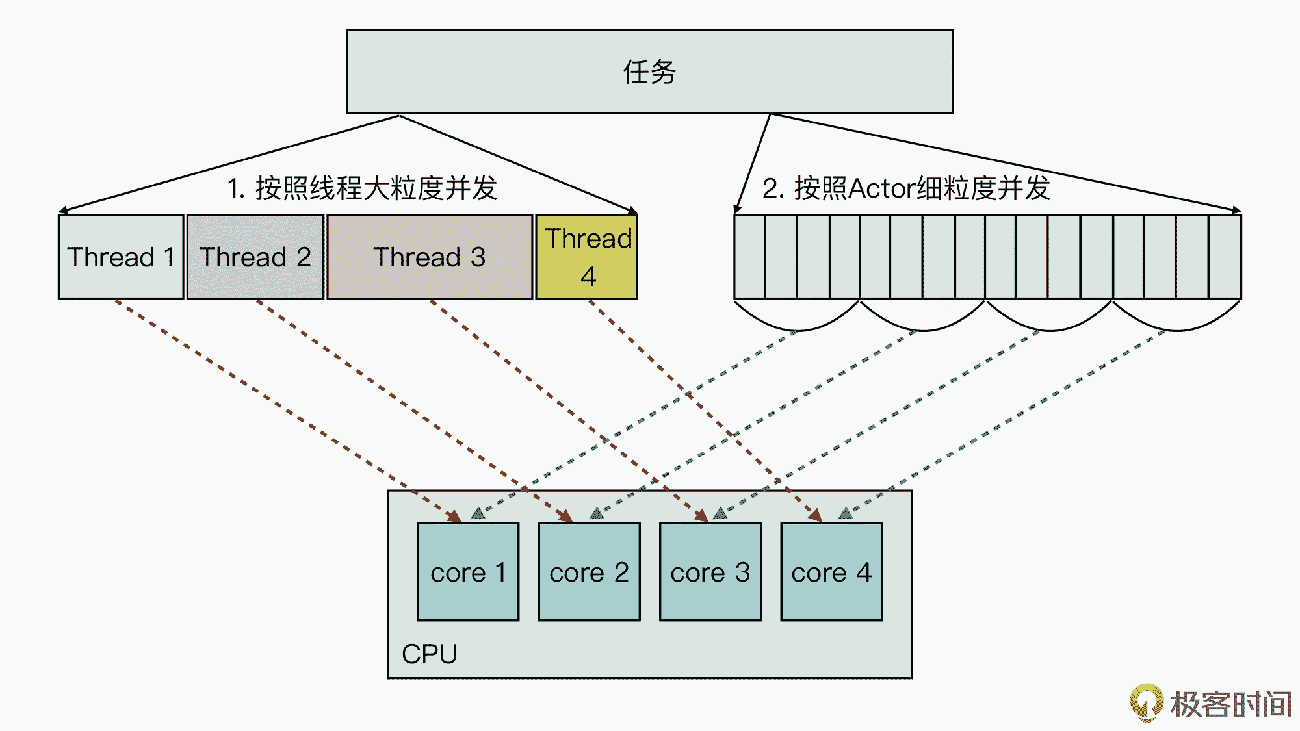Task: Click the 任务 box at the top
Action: pos(649,71)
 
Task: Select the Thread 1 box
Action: pos(121,257)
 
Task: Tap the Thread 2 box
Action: pos(255,257)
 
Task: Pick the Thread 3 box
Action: pos(429,257)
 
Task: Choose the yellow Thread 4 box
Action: pos(587,257)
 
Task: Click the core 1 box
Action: pos(468,572)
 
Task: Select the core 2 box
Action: pos(589,572)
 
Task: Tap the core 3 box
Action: pos(710,572)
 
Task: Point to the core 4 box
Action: pos(831,572)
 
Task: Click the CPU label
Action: pos(429,654)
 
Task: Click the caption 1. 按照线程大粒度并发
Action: pos(362,188)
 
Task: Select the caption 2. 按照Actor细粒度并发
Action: pos(905,188)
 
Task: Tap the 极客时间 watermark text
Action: pos(1230,704)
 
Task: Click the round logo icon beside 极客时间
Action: pos(1147,702)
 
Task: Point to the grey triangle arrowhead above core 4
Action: pos(845,513)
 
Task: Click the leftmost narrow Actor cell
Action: pos(749,257)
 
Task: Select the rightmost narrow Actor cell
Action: pos(1225,257)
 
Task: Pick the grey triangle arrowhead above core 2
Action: pos(596,513)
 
